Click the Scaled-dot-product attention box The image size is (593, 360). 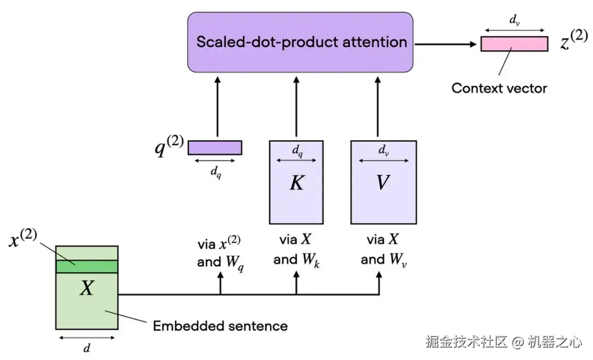(300, 42)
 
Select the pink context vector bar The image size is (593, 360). (514, 44)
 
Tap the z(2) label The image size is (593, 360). (573, 41)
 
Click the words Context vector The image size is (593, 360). (499, 88)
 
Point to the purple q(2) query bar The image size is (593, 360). (215, 148)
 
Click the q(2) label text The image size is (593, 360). (168, 147)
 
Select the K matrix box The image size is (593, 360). (296, 182)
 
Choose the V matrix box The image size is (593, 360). (383, 182)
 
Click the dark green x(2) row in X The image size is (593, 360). (87, 266)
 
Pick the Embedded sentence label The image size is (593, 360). (220, 326)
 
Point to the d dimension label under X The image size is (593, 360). (86, 347)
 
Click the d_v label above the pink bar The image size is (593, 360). (514, 21)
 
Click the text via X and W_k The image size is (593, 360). (296, 250)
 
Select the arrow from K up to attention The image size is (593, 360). (296, 106)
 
